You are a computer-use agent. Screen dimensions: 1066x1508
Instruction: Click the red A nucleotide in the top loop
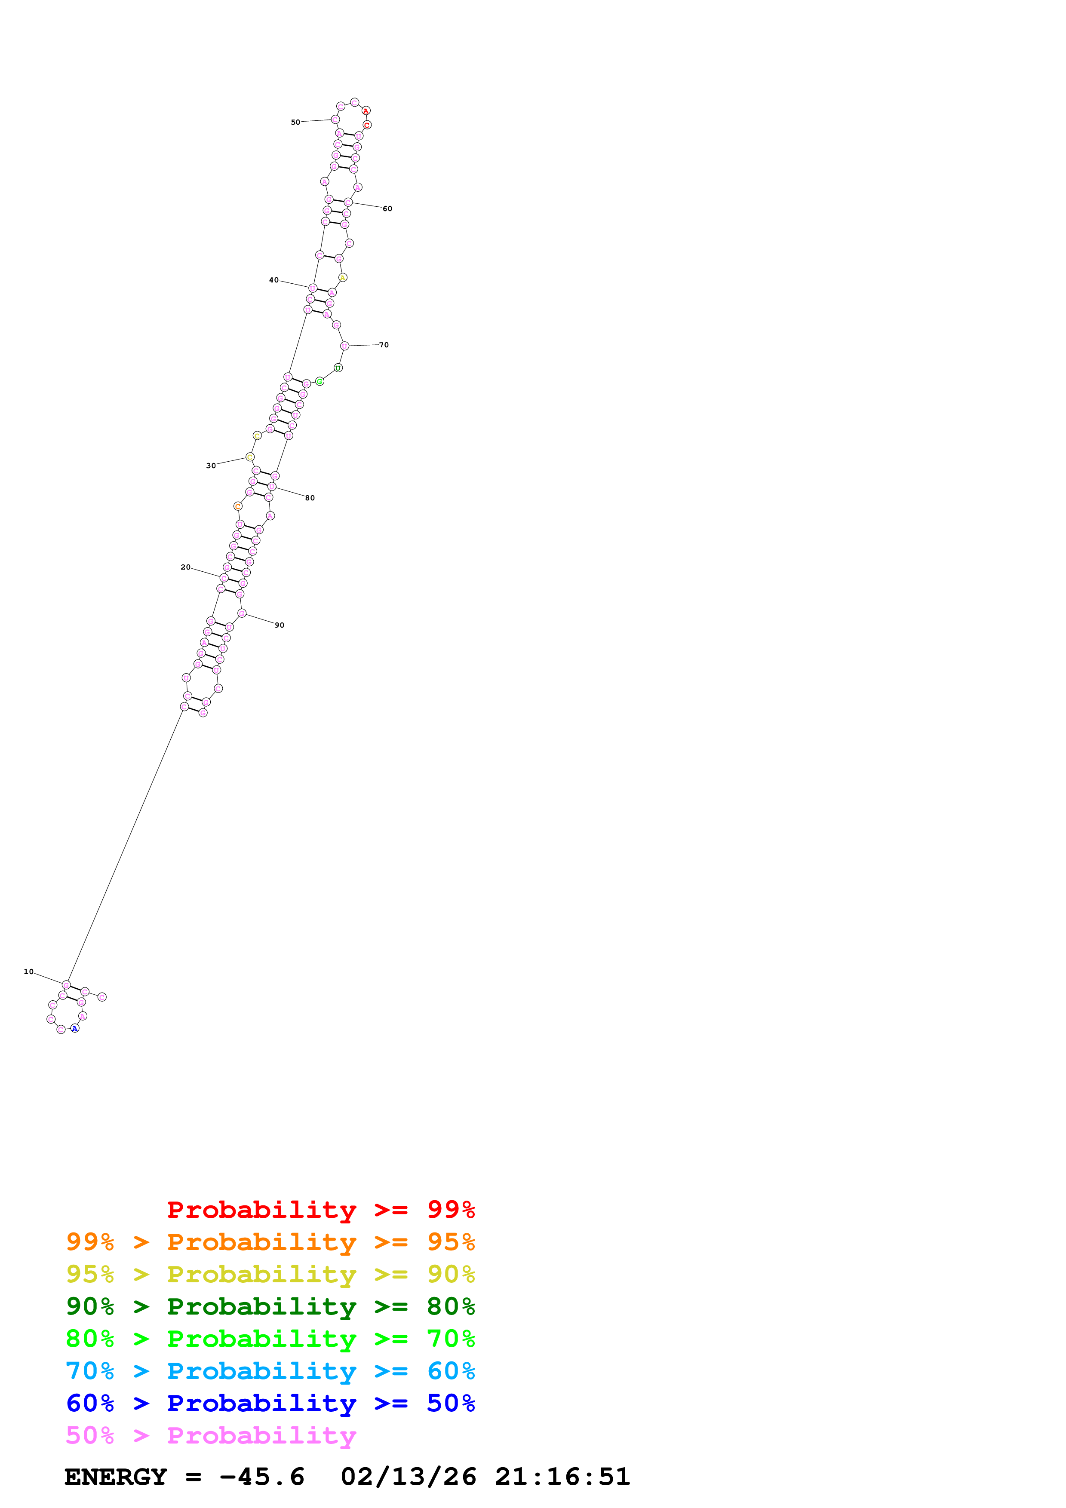(x=366, y=111)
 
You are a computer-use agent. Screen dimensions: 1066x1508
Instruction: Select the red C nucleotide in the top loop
(x=367, y=125)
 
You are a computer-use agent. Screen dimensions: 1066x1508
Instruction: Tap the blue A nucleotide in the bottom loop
(x=75, y=1029)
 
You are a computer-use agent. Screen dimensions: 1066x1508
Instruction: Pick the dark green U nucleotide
(x=338, y=368)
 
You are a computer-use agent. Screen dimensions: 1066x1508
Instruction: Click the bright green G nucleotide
(x=320, y=382)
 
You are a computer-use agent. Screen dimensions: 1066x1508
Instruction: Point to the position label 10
(x=28, y=972)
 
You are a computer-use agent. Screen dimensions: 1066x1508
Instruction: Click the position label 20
(x=185, y=567)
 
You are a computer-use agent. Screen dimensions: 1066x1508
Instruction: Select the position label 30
(x=211, y=466)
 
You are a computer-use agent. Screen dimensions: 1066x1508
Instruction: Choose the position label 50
(x=295, y=122)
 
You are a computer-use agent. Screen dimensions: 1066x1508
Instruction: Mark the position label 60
(x=387, y=209)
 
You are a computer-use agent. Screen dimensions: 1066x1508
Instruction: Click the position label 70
(x=384, y=345)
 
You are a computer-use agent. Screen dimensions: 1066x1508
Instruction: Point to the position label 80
(x=310, y=498)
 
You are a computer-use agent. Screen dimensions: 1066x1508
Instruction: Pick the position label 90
(x=280, y=625)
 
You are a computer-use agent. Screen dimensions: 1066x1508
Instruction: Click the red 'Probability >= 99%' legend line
(x=320, y=1210)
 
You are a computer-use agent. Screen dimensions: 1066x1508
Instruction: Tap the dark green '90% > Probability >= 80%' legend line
(x=270, y=1306)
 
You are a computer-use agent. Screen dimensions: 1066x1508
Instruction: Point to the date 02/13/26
(x=408, y=1477)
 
